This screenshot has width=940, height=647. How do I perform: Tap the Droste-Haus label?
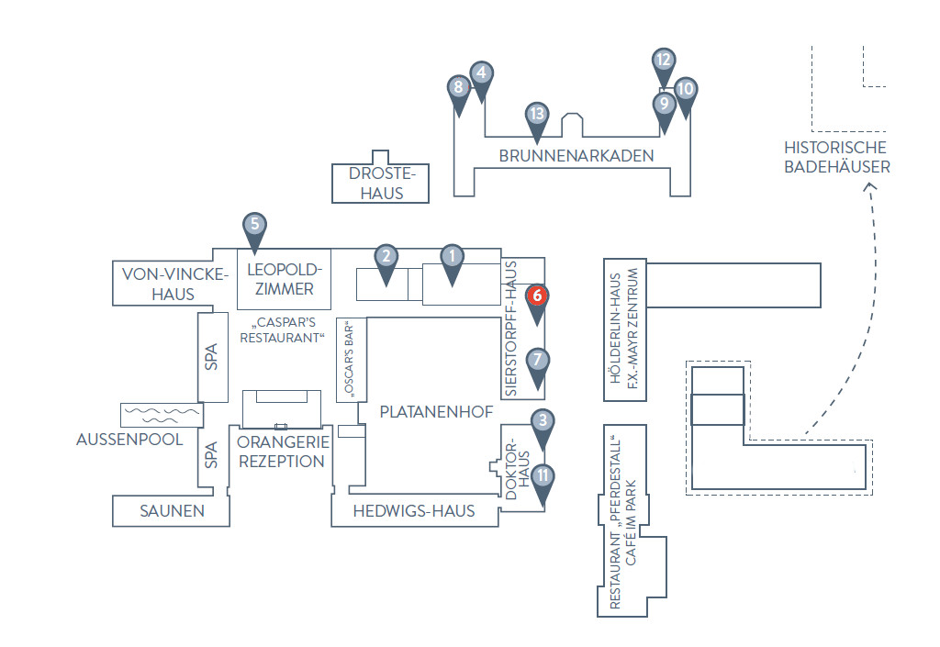pos(382,184)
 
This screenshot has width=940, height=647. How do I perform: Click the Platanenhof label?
pos(436,411)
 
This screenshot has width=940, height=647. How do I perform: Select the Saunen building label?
pos(172,511)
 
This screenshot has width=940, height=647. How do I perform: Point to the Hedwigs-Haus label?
pos(414,511)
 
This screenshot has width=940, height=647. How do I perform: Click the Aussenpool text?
pos(129,439)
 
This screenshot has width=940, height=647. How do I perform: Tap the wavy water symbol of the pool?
pos(162,415)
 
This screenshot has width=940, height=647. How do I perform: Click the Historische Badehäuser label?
pos(837,157)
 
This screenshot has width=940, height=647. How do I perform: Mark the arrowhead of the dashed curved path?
pos(870,187)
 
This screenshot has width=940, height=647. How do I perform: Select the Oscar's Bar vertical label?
pos(350,360)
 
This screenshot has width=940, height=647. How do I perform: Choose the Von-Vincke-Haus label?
pos(174,284)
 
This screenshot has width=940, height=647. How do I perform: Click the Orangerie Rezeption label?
pos(283,452)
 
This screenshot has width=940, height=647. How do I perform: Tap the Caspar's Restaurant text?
pos(283,330)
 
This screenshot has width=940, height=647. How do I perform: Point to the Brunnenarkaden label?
pos(576,156)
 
